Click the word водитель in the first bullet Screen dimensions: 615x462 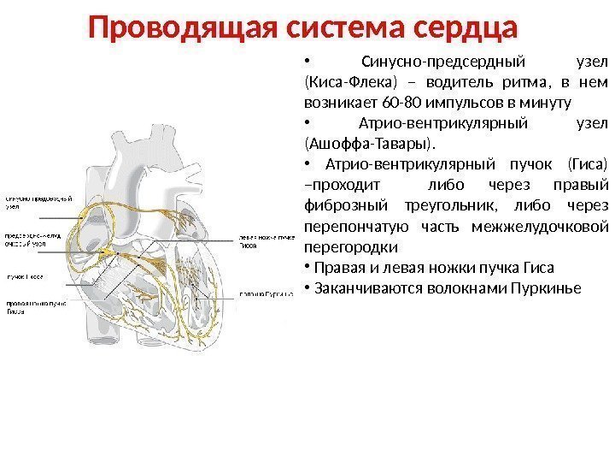pos(448,83)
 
